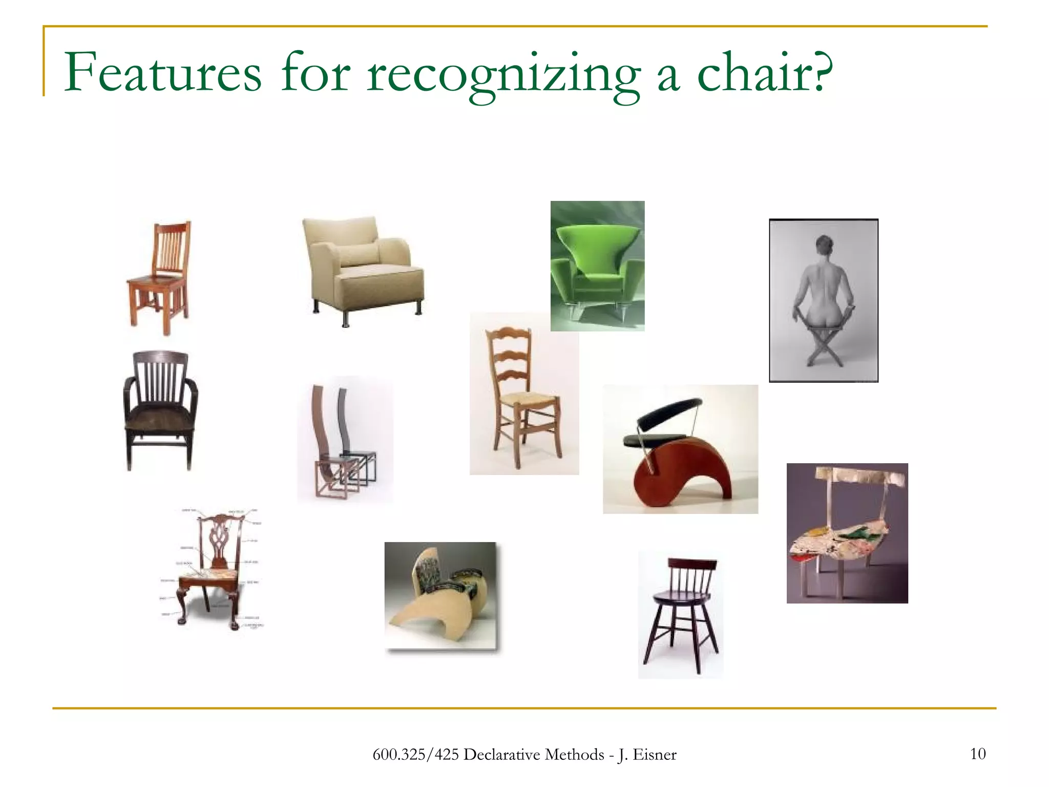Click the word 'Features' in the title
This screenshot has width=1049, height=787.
click(162, 73)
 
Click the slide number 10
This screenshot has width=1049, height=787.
click(978, 754)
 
